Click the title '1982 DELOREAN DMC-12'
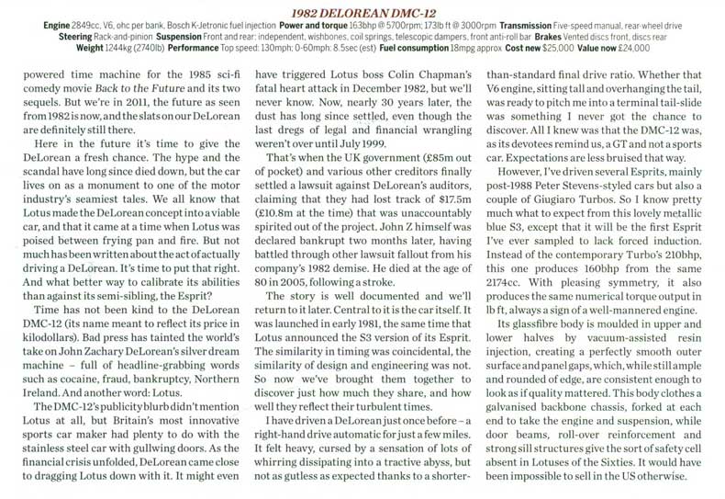tap(362, 9)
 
